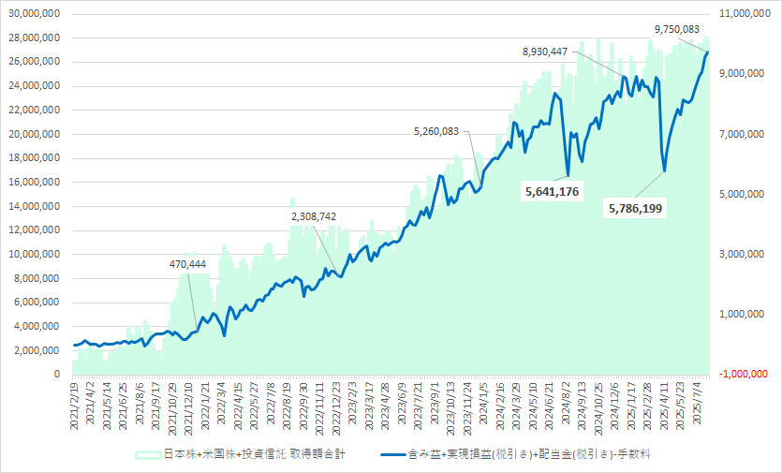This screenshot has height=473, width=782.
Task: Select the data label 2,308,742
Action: tap(314, 216)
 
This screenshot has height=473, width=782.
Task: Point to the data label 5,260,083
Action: tap(436, 131)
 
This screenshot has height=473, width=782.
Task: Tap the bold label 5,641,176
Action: tap(553, 192)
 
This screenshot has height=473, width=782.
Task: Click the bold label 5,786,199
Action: tap(634, 208)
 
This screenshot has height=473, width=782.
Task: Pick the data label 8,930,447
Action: tap(545, 52)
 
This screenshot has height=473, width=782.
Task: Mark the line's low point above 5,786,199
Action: tap(664, 171)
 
